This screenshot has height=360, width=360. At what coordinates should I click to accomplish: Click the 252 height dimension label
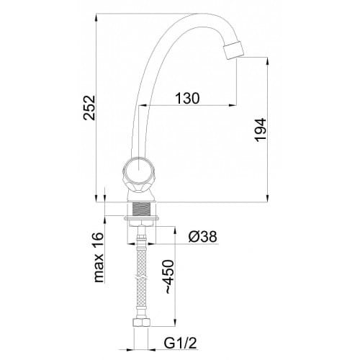click(x=89, y=108)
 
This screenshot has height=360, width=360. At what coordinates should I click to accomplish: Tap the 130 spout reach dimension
click(x=187, y=98)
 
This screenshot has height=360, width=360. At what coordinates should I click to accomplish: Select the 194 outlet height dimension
click(x=261, y=130)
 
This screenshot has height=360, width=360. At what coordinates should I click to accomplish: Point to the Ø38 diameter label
click(x=202, y=236)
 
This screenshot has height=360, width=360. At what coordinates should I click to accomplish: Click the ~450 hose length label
click(x=169, y=276)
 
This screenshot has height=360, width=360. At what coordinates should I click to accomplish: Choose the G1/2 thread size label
click(x=180, y=343)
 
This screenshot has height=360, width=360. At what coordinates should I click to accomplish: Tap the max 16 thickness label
click(x=99, y=257)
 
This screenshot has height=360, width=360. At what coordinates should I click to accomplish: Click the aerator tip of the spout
click(x=233, y=50)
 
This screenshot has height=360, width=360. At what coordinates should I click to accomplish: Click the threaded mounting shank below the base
click(x=141, y=209)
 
